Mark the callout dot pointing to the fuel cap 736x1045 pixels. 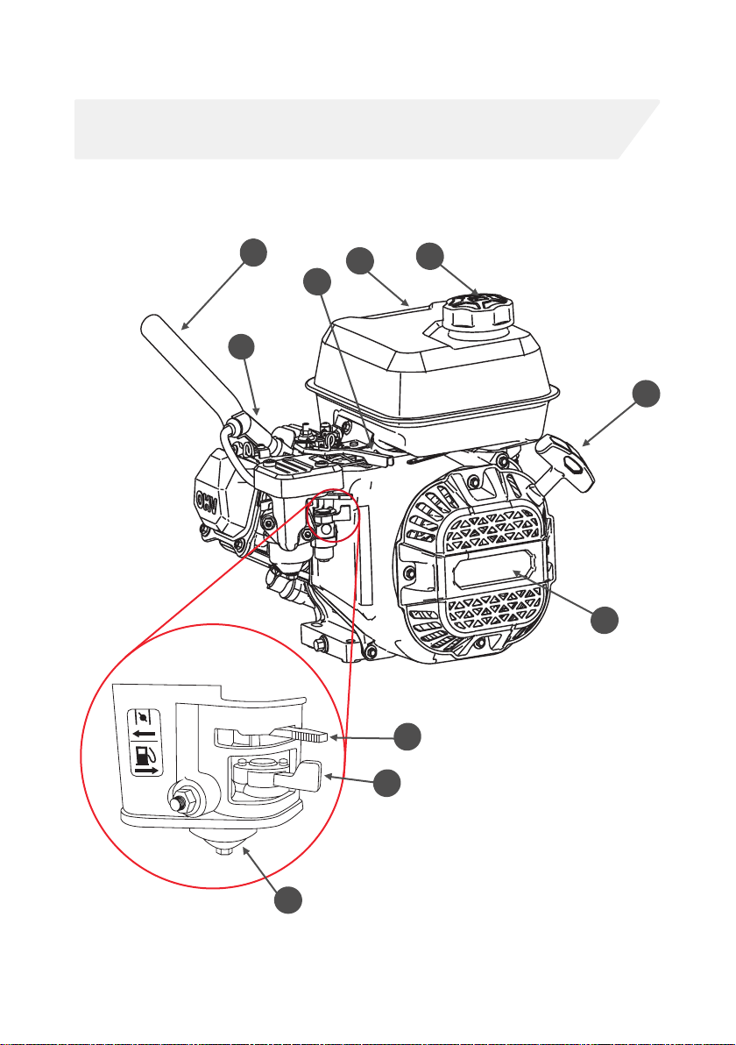click(x=428, y=257)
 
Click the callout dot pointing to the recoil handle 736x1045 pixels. click(x=647, y=393)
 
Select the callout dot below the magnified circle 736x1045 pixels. click(x=287, y=902)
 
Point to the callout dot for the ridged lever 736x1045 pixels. click(x=405, y=736)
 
